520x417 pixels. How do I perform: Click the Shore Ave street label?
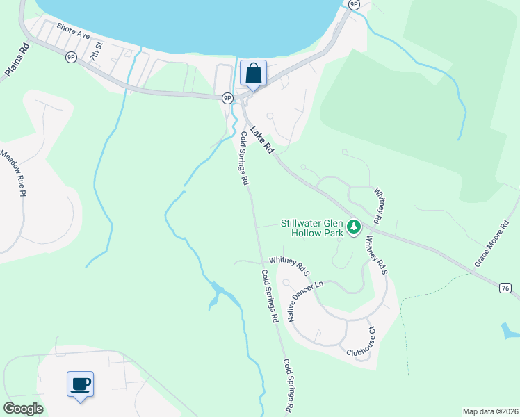coord(75,31)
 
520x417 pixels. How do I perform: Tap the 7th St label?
coord(96,50)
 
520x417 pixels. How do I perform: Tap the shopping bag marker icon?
coord(253,73)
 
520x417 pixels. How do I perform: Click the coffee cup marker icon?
coord(80,383)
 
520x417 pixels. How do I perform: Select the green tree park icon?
coord(354,227)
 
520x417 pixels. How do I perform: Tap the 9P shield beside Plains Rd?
coord(71,58)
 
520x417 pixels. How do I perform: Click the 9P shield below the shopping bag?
coord(227,99)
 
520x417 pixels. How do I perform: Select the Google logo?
coord(23,408)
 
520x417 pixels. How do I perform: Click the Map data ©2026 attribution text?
coord(489,411)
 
